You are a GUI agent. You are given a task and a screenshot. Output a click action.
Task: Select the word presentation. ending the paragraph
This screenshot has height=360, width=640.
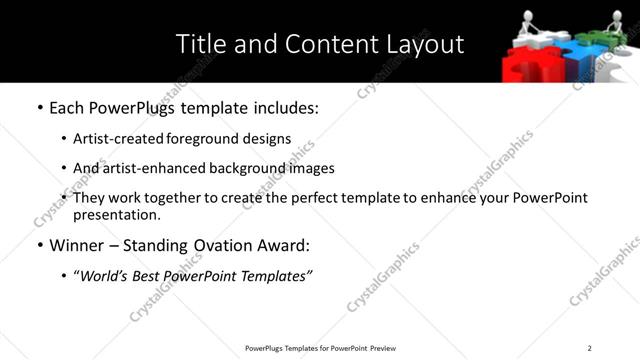click(116, 214)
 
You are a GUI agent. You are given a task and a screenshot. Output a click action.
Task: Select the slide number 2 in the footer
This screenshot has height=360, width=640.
click(589, 347)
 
